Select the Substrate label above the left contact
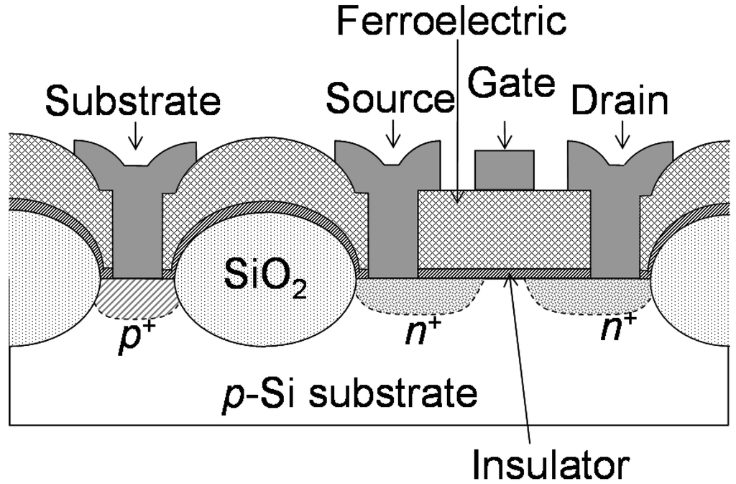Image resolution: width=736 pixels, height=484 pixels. (133, 101)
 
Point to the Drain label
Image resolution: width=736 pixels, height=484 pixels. (620, 101)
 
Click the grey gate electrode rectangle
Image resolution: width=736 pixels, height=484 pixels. (505, 170)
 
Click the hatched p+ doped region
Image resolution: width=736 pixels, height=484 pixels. (137, 298)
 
